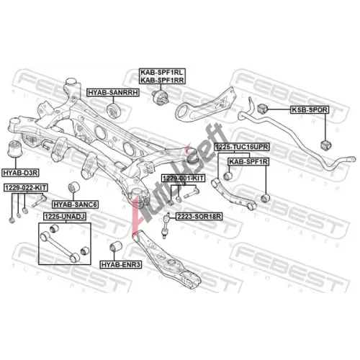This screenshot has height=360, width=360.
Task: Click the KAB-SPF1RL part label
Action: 162,72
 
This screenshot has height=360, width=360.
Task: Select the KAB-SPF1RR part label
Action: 162,80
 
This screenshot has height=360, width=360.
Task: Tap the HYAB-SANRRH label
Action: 113,92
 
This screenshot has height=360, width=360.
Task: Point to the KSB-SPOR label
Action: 310,109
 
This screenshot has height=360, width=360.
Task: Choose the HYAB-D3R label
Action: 20,173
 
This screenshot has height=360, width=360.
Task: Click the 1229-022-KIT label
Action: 26,188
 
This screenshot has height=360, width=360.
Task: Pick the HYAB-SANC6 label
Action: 76,204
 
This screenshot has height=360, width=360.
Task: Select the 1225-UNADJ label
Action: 65,217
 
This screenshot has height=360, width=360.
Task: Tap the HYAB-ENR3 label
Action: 121,264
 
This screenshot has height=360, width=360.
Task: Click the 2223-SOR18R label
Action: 199,217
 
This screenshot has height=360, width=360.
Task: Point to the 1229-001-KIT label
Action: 183,178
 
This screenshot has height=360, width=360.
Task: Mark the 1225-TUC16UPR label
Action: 242,147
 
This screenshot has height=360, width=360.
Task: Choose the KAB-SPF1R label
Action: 248,162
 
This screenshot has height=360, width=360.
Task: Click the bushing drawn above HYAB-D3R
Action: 15,149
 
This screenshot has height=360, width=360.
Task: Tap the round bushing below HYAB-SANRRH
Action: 114,110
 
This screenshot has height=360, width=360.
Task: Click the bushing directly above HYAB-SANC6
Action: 74,187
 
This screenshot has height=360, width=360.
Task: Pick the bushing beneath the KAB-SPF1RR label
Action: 161,98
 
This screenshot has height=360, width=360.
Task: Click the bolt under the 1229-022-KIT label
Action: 39,201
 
